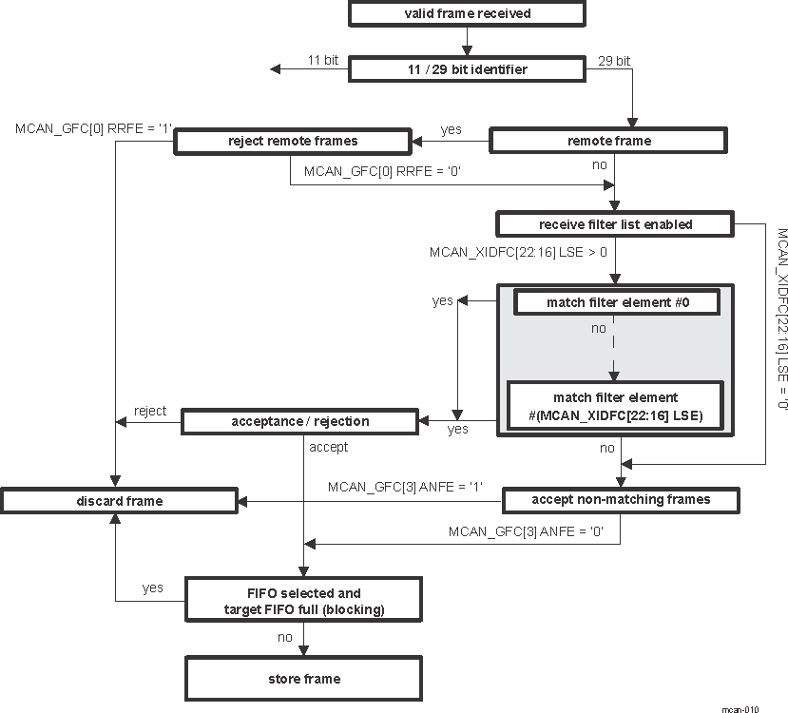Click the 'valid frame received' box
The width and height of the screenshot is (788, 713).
tap(466, 13)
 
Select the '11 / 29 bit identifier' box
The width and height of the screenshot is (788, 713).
tap(466, 69)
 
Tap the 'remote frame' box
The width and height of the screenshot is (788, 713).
tap(608, 141)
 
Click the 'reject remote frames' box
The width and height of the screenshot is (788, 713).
tap(293, 141)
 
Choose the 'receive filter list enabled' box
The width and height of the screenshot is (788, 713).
tap(615, 224)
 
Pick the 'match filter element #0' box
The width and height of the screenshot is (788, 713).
tap(616, 302)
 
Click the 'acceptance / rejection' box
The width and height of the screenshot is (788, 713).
tap(300, 421)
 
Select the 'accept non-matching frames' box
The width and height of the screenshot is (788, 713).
tap(621, 499)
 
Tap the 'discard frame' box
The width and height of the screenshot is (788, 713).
tap(119, 501)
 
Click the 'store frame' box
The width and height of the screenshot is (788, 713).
tap(303, 679)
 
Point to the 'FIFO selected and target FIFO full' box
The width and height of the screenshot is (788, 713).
tap(303, 601)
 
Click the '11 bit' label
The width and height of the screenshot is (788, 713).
tap(323, 60)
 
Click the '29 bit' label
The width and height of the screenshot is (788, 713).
tap(613, 60)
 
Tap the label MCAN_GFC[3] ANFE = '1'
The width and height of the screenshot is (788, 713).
tap(406, 487)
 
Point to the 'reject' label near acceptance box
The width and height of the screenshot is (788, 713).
tap(150, 411)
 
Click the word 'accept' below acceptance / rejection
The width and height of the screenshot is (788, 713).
tap(329, 447)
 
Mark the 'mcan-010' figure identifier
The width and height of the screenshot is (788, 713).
tap(740, 708)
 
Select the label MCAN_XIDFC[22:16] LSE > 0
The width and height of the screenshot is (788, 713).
tap(518, 253)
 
